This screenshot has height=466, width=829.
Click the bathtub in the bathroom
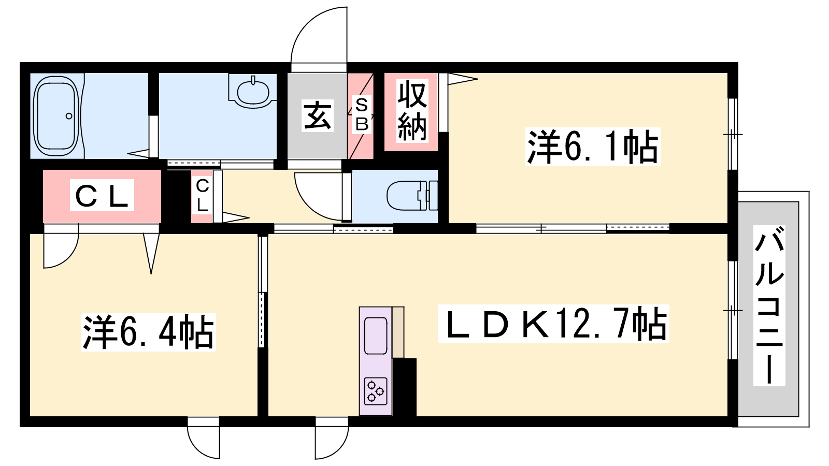56,116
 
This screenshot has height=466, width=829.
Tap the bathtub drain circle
69,116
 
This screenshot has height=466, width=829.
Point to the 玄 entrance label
318,115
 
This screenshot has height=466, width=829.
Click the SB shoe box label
362,114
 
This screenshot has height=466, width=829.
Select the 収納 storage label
412,111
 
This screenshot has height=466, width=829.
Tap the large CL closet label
102,195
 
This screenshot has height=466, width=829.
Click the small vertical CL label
202,195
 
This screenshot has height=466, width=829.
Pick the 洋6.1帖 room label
593,147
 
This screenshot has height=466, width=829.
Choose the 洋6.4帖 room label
148,332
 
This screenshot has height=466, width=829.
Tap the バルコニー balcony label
769,305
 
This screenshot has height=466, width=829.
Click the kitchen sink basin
376,336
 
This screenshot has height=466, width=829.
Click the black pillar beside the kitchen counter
405,387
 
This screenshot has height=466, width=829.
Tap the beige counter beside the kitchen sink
398,332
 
